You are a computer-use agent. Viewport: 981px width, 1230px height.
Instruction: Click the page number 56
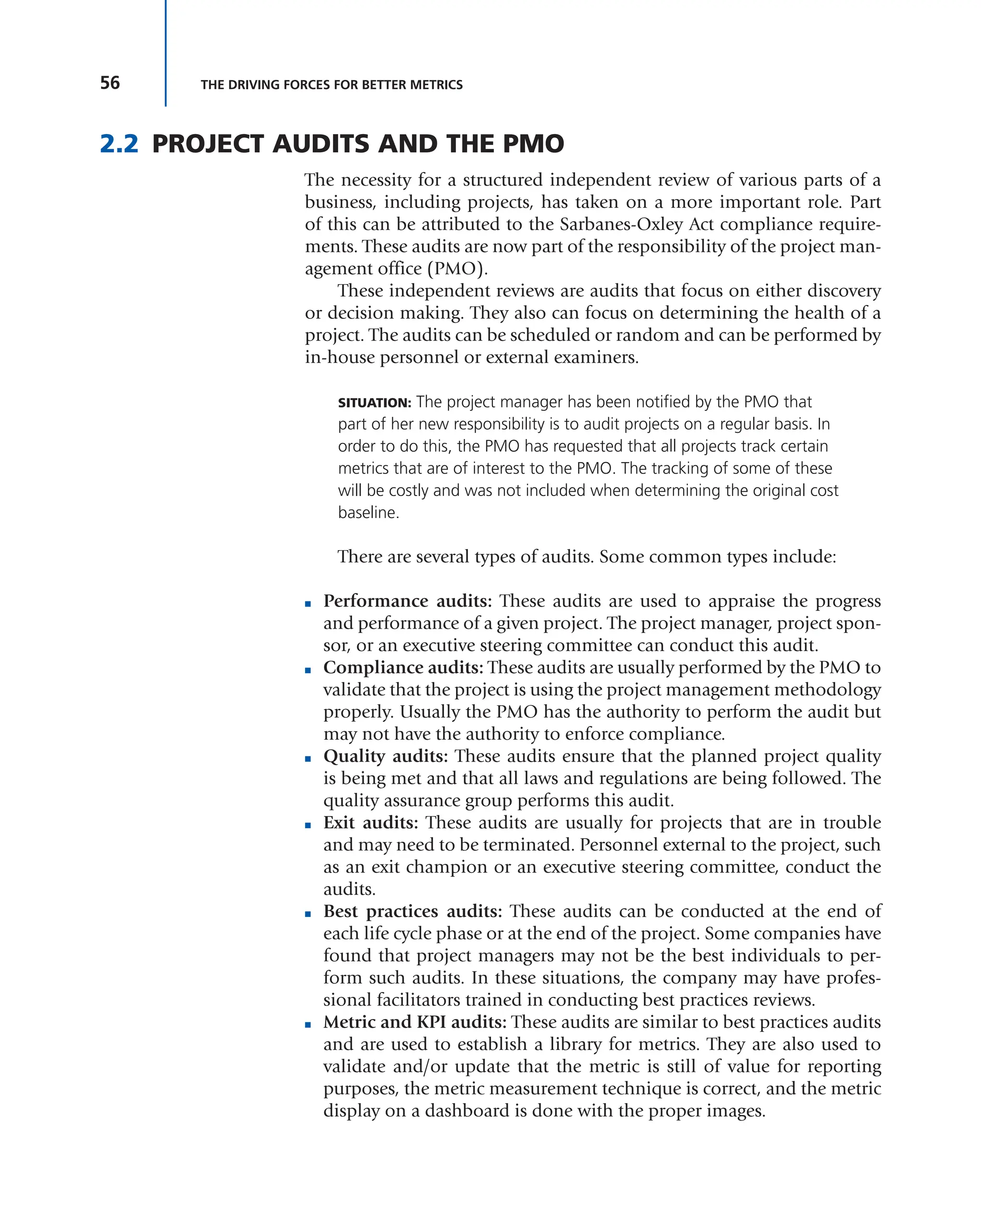point(110,83)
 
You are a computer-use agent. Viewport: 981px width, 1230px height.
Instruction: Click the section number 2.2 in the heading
point(119,144)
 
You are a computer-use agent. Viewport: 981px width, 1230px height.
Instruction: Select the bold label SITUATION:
point(374,403)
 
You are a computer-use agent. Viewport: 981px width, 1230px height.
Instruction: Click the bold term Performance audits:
point(407,601)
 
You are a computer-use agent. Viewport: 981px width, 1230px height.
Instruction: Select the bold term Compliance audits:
point(403,667)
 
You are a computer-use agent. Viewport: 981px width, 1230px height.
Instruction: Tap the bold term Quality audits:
point(386,756)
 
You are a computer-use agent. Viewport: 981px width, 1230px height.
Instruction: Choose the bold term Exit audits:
point(370,822)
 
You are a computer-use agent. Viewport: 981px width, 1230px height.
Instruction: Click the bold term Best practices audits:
point(412,911)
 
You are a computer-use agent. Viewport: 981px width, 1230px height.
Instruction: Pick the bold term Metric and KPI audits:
point(415,1022)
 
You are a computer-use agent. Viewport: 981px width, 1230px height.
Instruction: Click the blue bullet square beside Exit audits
point(308,825)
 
